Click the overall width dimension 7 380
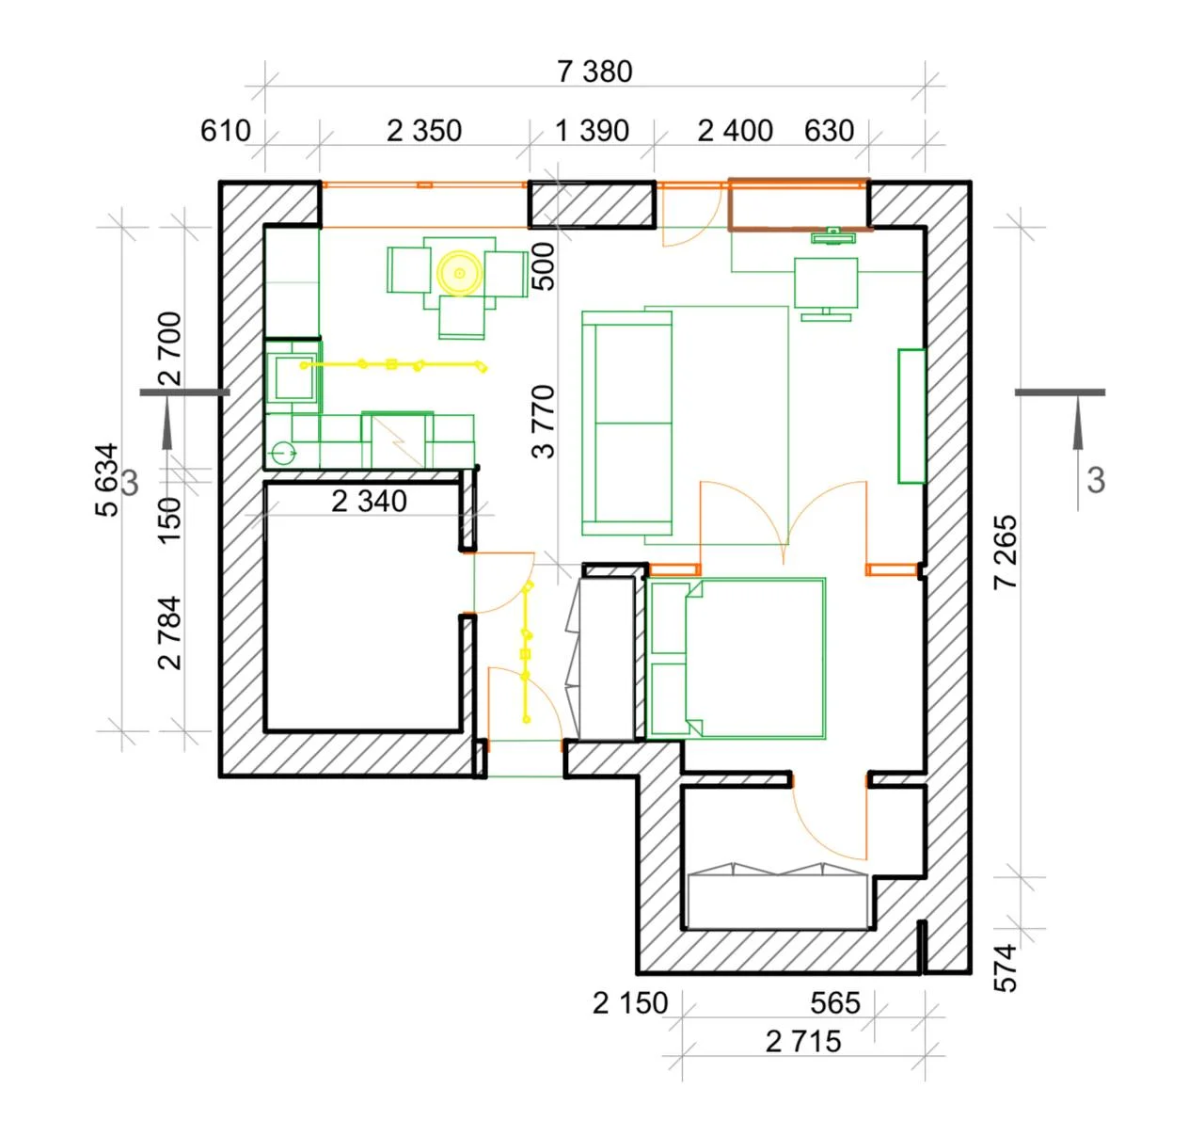click(x=594, y=72)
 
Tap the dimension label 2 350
click(x=424, y=131)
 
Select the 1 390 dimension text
click(x=592, y=131)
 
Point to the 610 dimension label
click(x=226, y=131)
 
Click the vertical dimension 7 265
click(x=1006, y=552)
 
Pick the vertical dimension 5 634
click(x=106, y=479)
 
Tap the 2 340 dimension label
click(x=369, y=502)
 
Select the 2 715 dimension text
click(x=803, y=1042)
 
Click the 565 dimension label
click(x=834, y=1003)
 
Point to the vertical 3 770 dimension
click(x=543, y=421)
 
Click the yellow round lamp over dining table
click(x=460, y=273)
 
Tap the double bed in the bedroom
click(x=736, y=659)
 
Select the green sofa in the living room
click(x=626, y=423)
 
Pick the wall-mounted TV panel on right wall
click(x=911, y=416)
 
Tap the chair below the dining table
click(x=461, y=317)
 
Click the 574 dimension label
click(x=1006, y=968)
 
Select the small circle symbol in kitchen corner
click(x=283, y=454)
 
